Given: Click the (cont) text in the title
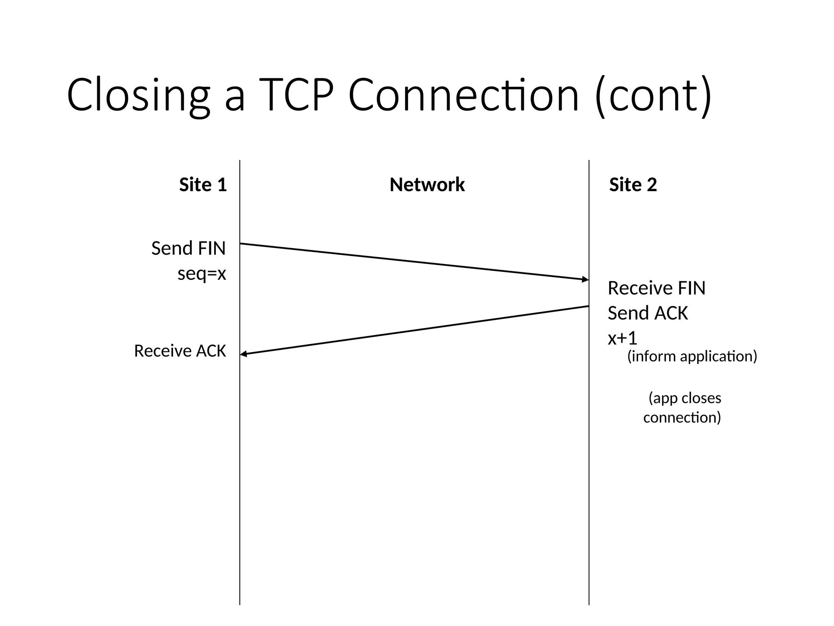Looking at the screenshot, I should [653, 95].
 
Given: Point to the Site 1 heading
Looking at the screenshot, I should [203, 185].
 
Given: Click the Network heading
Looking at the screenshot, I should [427, 185].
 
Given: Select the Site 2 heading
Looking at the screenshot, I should [633, 185].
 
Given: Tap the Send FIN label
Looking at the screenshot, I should [188, 248].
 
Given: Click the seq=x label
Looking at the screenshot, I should [202, 273].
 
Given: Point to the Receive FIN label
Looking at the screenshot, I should [656, 288].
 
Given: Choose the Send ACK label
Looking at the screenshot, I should [647, 313].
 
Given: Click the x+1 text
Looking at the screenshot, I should [622, 338].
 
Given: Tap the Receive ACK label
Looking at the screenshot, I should [180, 351].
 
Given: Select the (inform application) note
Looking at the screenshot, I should [692, 356].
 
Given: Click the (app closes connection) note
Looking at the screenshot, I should [683, 408].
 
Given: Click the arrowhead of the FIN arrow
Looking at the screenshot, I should [586, 279].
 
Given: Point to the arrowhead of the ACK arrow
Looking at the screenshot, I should [244, 354].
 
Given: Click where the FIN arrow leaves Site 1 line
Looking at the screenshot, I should [241, 244].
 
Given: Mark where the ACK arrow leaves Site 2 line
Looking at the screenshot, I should [588, 306].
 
